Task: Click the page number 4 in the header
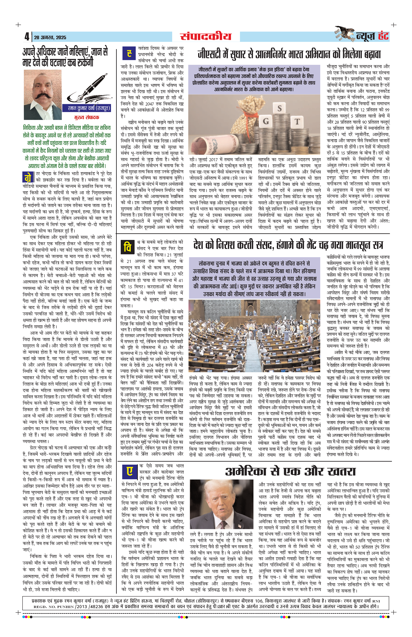pos(27,37)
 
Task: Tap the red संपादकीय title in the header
pos(206,36)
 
